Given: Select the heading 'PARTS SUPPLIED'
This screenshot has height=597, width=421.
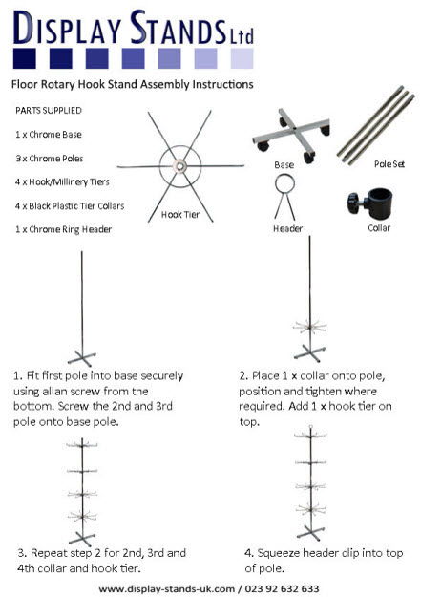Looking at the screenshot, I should point(49,111).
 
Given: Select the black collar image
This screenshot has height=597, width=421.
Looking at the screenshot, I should point(366,203).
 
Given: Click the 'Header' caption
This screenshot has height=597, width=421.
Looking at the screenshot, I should point(287,229).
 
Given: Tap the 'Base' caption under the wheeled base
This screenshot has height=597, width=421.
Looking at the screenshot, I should point(284,164).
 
